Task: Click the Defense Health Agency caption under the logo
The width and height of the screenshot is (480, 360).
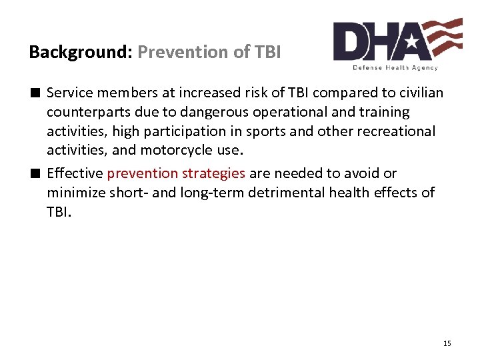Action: click(395, 68)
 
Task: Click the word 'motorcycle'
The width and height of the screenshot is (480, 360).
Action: click(175, 150)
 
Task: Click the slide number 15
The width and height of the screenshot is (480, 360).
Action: click(447, 343)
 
